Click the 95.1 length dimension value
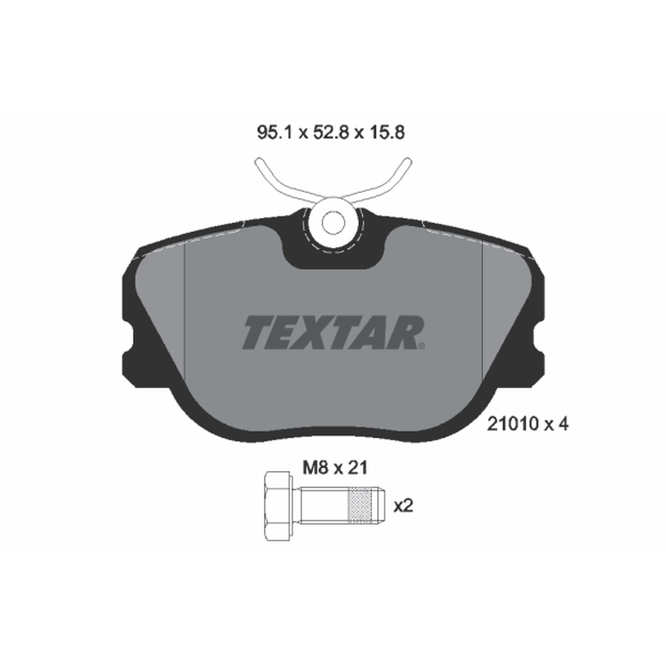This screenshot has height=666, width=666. pos(276,133)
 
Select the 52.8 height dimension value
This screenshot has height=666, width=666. pos(331,133)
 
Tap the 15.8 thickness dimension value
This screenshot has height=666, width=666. pos(386,133)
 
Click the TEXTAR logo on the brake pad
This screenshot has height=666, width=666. pos(334,332)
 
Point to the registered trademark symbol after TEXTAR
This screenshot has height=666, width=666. pos(421,346)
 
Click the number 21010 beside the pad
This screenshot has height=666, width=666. pos(513,424)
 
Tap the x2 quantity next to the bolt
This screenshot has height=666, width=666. pos(403,506)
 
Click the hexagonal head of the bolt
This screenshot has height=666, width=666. pos(278,506)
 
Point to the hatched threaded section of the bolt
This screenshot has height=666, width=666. pos(360,506)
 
